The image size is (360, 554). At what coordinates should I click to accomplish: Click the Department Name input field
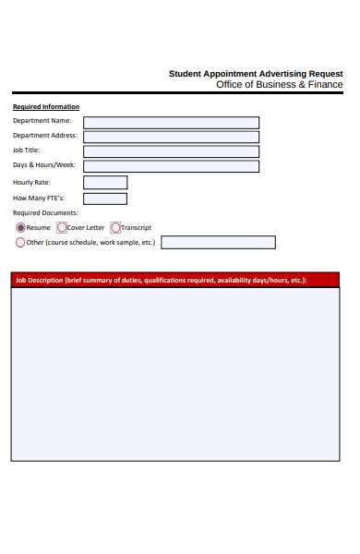pos(171,122)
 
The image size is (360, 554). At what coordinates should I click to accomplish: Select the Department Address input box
pos(171,137)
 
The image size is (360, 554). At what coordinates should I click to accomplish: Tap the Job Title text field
pos(171,151)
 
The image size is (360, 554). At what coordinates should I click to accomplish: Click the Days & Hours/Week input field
pos(171,166)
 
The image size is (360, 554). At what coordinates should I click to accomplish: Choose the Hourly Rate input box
pos(105,183)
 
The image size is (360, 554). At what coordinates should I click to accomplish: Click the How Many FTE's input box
pos(105,199)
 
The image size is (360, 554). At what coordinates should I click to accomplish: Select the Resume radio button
pos(20,227)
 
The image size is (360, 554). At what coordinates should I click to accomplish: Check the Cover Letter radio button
pos(62,227)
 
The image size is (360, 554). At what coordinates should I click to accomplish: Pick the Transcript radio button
pos(115,227)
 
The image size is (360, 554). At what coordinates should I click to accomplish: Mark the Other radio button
pos(20,243)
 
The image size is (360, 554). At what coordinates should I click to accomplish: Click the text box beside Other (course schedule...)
pos(218,243)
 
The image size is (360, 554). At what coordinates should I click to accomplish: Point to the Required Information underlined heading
pos(45,107)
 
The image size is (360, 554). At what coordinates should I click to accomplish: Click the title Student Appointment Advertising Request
pos(255,73)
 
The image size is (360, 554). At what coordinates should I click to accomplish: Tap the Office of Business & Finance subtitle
pos(279,84)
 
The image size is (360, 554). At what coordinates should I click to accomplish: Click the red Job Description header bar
pos(174,280)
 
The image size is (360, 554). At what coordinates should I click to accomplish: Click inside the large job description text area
pos(174,374)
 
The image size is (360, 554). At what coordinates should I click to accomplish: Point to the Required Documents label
pos(45,213)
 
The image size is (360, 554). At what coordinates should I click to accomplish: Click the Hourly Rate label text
pos(30,183)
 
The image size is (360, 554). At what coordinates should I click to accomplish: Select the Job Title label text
pos(26,151)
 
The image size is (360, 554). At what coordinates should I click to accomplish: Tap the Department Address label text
pos(44,136)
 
